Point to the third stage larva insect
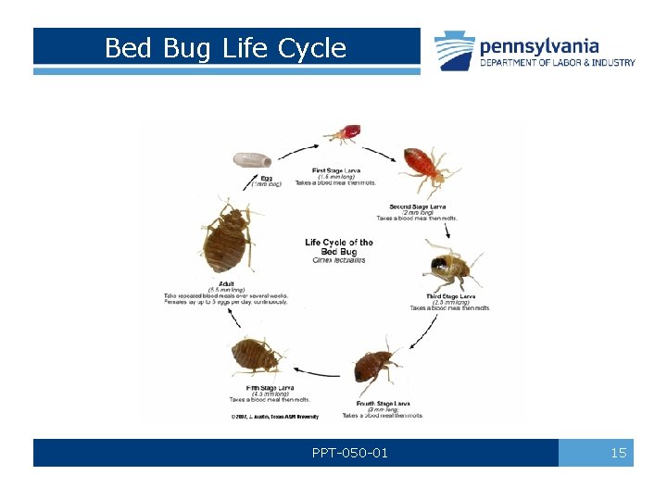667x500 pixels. pos(450,269)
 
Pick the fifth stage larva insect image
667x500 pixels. pos(258,356)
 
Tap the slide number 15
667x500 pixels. pos(618,453)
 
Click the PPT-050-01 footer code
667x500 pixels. pos(351,453)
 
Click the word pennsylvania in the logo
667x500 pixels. pos(538,45)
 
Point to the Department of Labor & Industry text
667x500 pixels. pos(557,63)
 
